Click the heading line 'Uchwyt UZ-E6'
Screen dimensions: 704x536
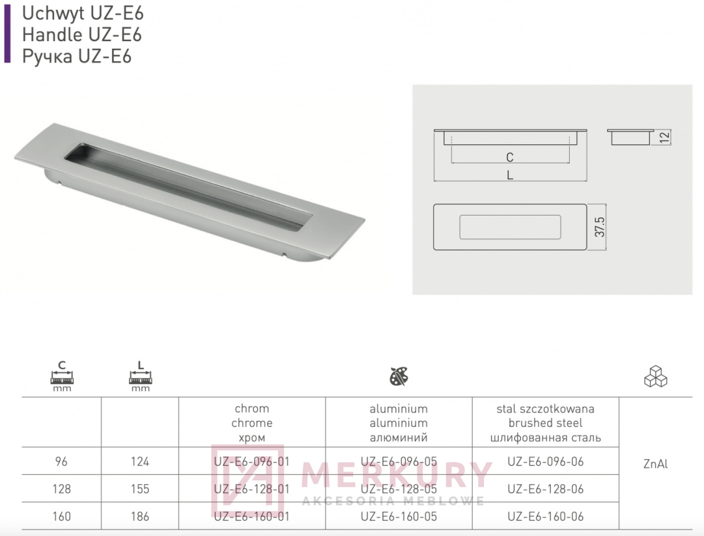click(83, 14)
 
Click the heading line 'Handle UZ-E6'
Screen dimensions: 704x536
click(82, 35)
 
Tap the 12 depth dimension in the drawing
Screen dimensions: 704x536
click(665, 137)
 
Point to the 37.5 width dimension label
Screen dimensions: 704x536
click(600, 227)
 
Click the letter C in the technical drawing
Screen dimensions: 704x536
click(510, 157)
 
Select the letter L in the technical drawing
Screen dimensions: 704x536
click(510, 175)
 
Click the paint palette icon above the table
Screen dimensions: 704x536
click(399, 376)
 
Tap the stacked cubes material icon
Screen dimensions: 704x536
click(655, 376)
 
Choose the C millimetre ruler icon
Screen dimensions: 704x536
click(62, 376)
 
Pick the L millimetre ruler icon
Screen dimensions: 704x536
click(140, 376)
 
